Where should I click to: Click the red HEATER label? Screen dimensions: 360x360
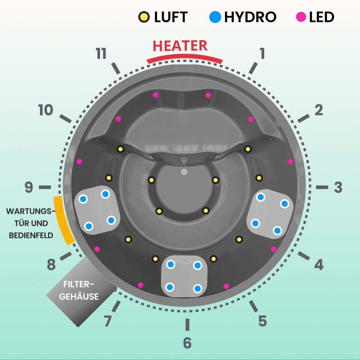(x=180, y=46)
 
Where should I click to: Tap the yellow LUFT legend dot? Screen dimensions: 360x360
(x=143, y=17)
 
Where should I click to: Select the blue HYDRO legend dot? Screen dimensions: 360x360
(x=215, y=17)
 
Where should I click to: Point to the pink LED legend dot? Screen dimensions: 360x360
(x=301, y=17)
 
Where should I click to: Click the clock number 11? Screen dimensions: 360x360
(x=101, y=54)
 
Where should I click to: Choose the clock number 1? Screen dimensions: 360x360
(x=262, y=53)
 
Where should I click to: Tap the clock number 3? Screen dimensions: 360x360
(x=338, y=188)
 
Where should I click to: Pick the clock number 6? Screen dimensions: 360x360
(x=187, y=343)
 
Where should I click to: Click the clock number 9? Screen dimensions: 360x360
(x=29, y=188)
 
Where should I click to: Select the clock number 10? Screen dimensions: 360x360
(x=46, y=111)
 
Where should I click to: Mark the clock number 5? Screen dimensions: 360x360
(x=262, y=321)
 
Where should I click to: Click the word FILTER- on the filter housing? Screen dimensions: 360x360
(x=79, y=284)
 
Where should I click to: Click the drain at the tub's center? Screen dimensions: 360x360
(x=184, y=172)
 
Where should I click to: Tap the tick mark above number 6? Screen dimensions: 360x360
(x=187, y=324)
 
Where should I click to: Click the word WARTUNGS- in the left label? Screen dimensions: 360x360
(x=31, y=211)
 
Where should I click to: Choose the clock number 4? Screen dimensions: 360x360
(x=319, y=265)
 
